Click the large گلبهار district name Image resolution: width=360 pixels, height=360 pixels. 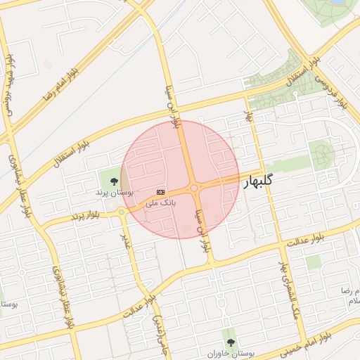tap(257, 182)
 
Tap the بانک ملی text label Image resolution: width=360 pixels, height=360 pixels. tap(161, 202)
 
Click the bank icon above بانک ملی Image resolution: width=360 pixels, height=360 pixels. tap(161, 191)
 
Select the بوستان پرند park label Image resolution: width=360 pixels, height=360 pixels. tap(115, 192)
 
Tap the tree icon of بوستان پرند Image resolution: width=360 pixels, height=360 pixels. tap(115, 181)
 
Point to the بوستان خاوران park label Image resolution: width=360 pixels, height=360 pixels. tap(230, 353)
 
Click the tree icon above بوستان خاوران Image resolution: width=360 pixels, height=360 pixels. tap(230, 342)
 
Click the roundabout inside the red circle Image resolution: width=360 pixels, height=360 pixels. tap(193, 188)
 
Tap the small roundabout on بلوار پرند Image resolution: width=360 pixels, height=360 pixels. tap(121, 212)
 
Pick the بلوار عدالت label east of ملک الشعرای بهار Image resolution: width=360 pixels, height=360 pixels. tap(304, 239)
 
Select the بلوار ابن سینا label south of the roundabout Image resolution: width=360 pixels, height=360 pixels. tap(205, 229)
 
